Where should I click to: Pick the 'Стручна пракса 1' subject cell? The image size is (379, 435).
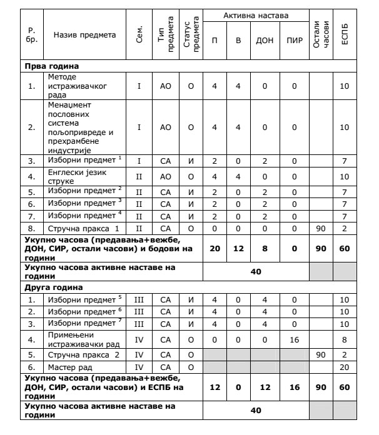tap(76, 229)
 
